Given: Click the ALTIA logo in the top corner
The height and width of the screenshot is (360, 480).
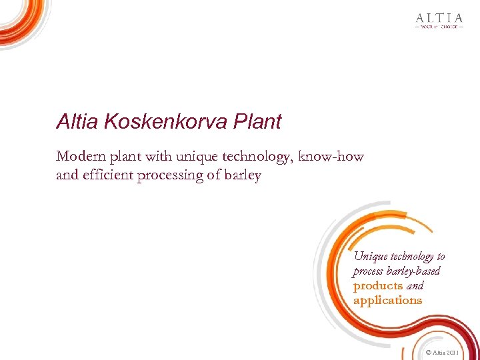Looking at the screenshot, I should coord(438,18).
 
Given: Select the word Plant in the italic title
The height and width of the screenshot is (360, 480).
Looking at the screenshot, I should coord(257,122).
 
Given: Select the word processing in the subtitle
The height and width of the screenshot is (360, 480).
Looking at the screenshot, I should coord(173,176).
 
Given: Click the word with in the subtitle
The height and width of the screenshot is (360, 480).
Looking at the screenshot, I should coord(159,157).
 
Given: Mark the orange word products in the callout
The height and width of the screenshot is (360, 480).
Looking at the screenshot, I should coord(378,286).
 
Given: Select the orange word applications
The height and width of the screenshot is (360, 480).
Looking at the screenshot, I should coord(387,301).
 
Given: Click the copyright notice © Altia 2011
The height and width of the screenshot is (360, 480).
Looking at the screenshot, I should coord(441,351).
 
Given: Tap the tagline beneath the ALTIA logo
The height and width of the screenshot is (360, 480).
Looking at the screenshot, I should coord(438,27).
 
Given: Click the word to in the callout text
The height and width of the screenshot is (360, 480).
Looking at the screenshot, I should coord(441,257).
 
